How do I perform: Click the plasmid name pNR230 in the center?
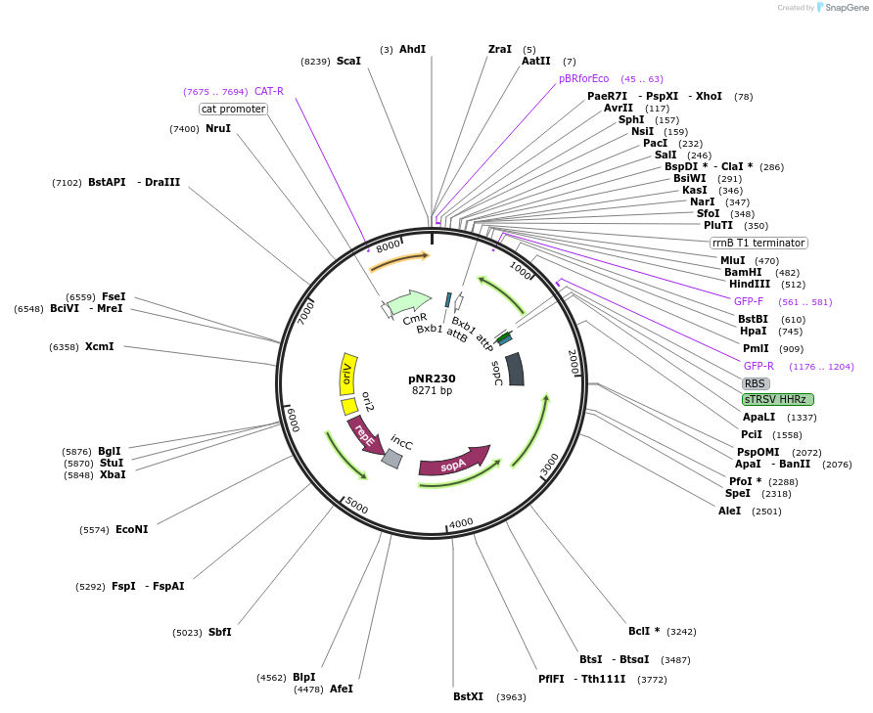click(432, 379)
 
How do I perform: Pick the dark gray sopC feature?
click(514, 369)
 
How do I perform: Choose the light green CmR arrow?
click(409, 302)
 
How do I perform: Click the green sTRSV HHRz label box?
click(778, 399)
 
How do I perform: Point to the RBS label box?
click(756, 383)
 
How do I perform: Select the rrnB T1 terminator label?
click(758, 243)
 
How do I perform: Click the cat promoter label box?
click(233, 109)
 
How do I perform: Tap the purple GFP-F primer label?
click(749, 301)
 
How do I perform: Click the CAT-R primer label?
click(269, 91)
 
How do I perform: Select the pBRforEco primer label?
click(583, 78)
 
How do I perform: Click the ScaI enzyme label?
click(348, 61)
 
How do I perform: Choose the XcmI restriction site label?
click(99, 346)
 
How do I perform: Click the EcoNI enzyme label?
click(131, 529)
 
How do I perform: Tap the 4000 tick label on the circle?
click(461, 523)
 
